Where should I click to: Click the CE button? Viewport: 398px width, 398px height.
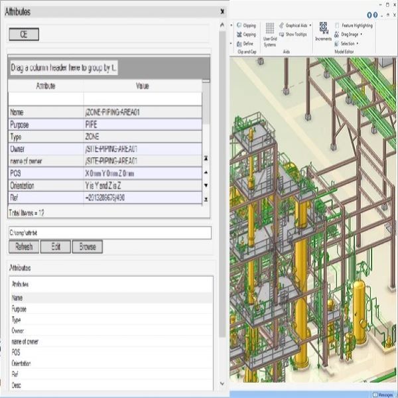24,34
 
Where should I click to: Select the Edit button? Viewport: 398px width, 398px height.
55,247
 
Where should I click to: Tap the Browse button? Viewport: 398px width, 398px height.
88,247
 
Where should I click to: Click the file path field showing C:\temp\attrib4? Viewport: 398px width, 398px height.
109,233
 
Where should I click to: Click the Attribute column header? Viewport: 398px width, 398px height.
45,86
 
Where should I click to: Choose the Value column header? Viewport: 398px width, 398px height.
143,86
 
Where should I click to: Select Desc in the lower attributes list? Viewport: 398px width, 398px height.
17,385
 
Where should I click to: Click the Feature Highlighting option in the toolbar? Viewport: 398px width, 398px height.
357,25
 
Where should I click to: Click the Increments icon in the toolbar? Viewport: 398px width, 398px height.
324,30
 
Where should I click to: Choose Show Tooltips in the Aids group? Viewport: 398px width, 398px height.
297,34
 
